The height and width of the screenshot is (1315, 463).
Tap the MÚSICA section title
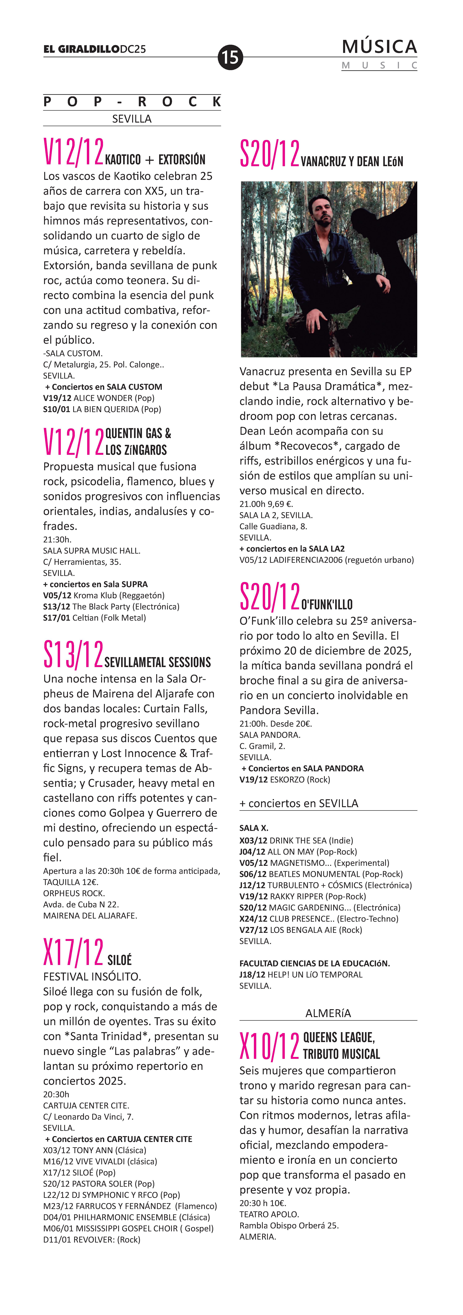click(x=379, y=47)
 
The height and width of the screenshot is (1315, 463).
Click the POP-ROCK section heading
click(x=132, y=102)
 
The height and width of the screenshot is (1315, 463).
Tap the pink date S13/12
click(x=74, y=654)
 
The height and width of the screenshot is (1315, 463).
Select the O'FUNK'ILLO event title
click(x=327, y=604)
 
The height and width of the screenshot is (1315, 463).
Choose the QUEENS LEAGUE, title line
click(x=339, y=1037)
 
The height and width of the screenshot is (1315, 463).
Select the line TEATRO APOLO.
click(x=269, y=1214)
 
